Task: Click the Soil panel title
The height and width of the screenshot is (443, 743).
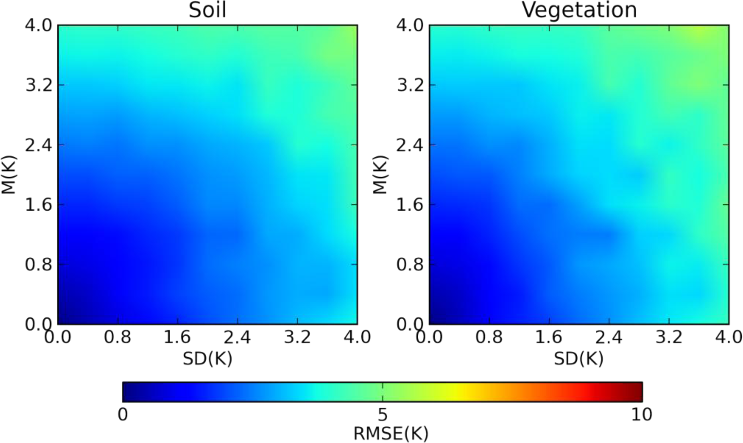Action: tap(207, 10)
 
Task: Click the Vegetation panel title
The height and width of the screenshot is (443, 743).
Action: tap(579, 10)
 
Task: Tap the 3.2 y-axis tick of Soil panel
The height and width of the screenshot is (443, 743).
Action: tap(39, 85)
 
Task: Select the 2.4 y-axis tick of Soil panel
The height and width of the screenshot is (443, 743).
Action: tap(39, 145)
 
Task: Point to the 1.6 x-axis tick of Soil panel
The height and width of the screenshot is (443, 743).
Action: tap(177, 337)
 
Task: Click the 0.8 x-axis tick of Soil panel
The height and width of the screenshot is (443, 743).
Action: tap(118, 337)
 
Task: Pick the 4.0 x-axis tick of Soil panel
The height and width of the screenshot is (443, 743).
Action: tap(357, 337)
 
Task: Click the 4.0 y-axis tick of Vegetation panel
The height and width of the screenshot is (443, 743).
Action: tap(410, 25)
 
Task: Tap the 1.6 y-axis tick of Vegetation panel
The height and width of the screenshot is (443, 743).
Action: tap(410, 205)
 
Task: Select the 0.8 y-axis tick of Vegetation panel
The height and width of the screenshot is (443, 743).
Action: tap(410, 265)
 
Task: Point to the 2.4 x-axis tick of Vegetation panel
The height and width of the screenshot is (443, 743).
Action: tap(609, 337)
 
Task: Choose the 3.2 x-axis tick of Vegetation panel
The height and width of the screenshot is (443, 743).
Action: tap(669, 337)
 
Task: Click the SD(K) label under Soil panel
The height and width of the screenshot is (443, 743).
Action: tap(208, 359)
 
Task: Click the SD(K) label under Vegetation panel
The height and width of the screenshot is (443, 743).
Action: tap(579, 359)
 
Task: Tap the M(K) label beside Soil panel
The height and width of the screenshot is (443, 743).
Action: tap(9, 175)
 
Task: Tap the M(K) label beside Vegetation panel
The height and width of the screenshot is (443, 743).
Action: tap(380, 175)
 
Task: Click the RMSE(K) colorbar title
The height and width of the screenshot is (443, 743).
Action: tap(391, 434)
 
